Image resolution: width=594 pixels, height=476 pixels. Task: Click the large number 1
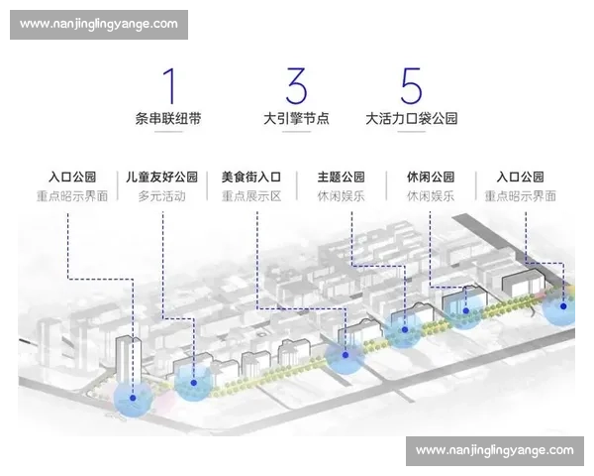pyautogui.click(x=170, y=86)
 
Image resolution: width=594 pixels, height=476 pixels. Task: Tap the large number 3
pyautogui.click(x=295, y=86)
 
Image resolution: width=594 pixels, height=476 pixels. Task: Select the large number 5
pyautogui.click(x=412, y=86)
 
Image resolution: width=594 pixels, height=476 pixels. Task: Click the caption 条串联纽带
pyautogui.click(x=170, y=118)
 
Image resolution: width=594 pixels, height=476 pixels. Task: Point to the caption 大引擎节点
pyautogui.click(x=295, y=118)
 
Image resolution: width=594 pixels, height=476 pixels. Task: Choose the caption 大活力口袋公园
pyautogui.click(x=411, y=118)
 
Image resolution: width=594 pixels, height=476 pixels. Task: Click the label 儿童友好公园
pyautogui.click(x=163, y=178)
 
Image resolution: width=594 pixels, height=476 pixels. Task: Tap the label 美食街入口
pyautogui.click(x=251, y=178)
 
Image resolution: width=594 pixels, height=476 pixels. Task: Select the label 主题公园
pyautogui.click(x=341, y=178)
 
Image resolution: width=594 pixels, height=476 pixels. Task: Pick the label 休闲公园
pyautogui.click(x=430, y=178)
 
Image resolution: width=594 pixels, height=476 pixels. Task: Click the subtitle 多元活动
pyautogui.click(x=163, y=196)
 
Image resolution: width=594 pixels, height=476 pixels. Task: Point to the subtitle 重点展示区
pyautogui.click(x=251, y=196)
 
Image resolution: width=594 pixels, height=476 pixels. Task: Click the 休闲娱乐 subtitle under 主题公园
pyautogui.click(x=341, y=196)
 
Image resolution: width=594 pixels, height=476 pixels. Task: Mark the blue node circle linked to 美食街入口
pyautogui.click(x=345, y=356)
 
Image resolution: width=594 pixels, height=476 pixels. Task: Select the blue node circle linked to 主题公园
pyautogui.click(x=404, y=329)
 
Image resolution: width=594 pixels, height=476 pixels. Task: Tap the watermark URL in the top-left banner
pyautogui.click(x=98, y=24)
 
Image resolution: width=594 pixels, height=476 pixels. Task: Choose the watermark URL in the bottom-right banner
pyautogui.click(x=494, y=450)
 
